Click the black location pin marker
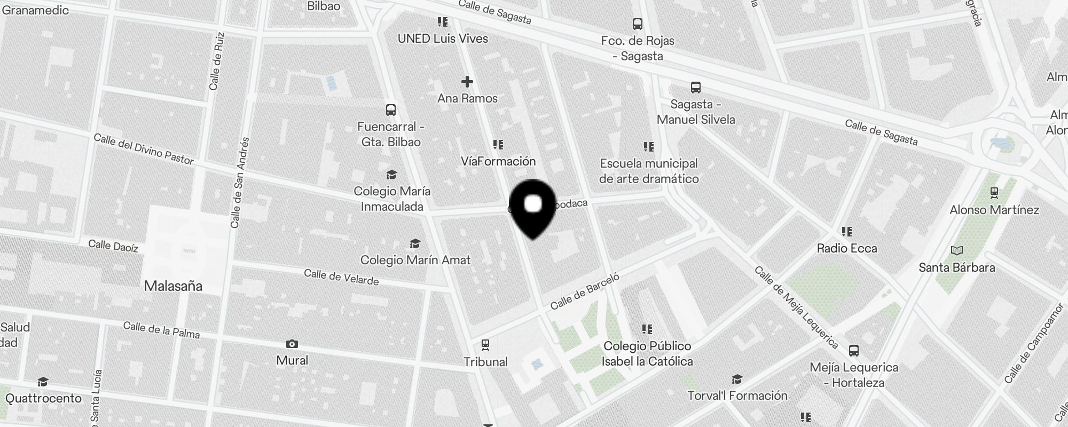[533, 208]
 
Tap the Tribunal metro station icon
[485, 345]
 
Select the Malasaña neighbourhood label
[173, 286]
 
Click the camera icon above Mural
[292, 344]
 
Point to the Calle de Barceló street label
[585, 291]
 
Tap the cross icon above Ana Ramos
[467, 82]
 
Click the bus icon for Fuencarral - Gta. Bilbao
[391, 110]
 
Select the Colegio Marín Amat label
[415, 260]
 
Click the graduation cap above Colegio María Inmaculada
[391, 175]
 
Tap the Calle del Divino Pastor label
[143, 149]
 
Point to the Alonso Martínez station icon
[994, 192]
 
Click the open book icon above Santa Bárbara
[957, 250]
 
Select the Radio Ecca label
[847, 248]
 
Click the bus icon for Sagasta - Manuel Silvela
[695, 87]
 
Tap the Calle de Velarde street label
[341, 277]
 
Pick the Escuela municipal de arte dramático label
[649, 171]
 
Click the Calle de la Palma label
[161, 330]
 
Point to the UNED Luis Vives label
[443, 38]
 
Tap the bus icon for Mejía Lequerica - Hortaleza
[854, 351]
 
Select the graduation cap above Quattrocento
[43, 382]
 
